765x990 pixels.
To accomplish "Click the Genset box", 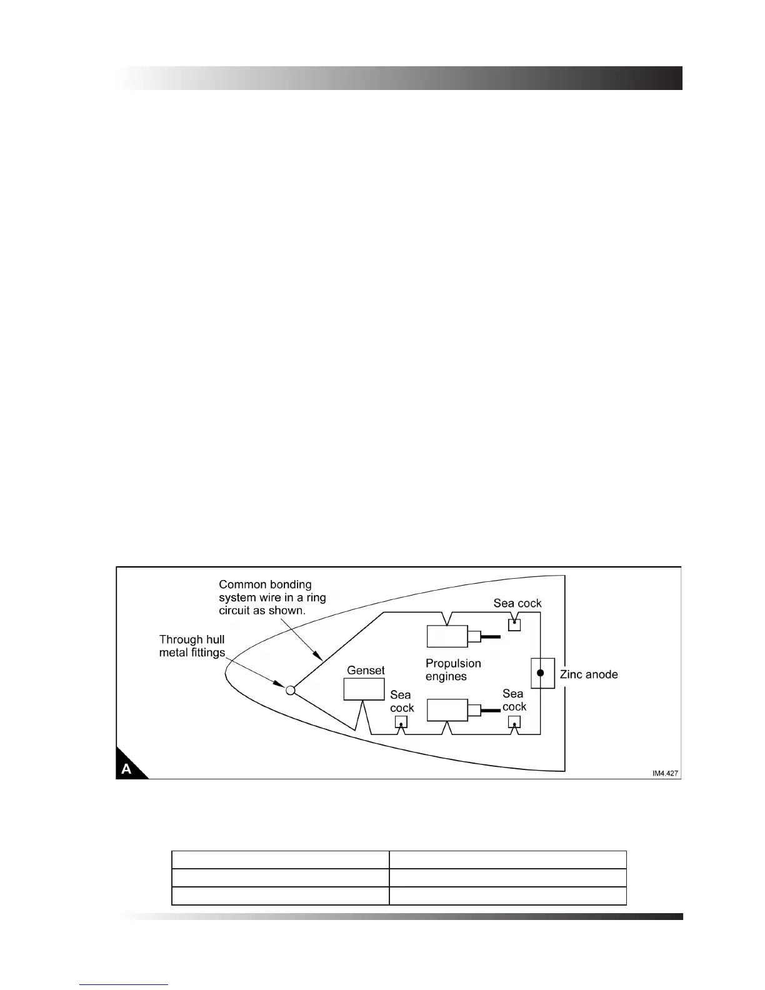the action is pyautogui.click(x=364, y=689).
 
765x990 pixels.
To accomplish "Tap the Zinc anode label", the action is pyautogui.click(x=589, y=674).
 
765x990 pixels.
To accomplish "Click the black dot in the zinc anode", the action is pyautogui.click(x=541, y=673).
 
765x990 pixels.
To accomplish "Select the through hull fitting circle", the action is pyautogui.click(x=290, y=690).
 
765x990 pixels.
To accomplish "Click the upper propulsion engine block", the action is pyautogui.click(x=447, y=636).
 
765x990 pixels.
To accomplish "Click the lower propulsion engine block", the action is pyautogui.click(x=447, y=710).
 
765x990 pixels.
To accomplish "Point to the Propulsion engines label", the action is pyautogui.click(x=452, y=670).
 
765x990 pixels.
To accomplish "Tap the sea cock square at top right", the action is pyautogui.click(x=514, y=624).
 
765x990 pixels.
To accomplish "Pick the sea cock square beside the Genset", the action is pyautogui.click(x=401, y=722).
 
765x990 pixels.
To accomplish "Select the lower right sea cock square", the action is pyautogui.click(x=514, y=722).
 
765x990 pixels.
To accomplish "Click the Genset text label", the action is pyautogui.click(x=366, y=670).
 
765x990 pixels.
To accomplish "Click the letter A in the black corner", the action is pyautogui.click(x=127, y=769).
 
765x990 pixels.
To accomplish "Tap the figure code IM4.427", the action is pyautogui.click(x=665, y=773).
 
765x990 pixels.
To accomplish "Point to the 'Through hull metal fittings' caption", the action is pyautogui.click(x=192, y=646).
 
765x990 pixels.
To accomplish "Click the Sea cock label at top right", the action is pyautogui.click(x=517, y=603).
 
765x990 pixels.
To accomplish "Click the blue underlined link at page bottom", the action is pyautogui.click(x=124, y=984).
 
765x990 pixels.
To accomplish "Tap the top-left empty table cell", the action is pyautogui.click(x=280, y=859).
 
